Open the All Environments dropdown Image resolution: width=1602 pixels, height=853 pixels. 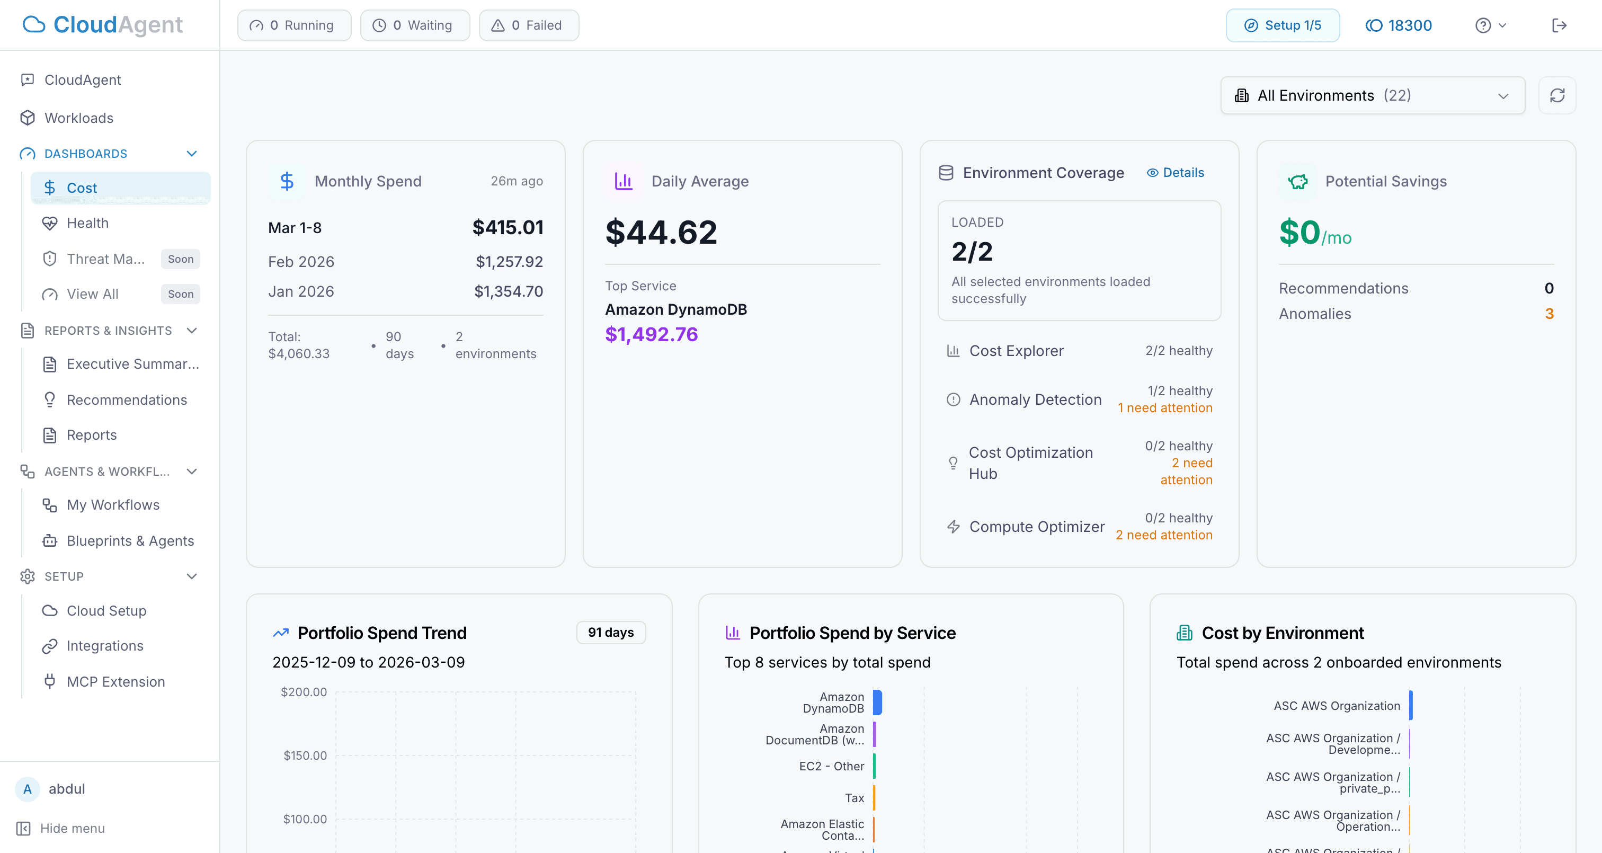[x=1372, y=96]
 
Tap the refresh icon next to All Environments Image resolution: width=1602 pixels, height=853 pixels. [x=1556, y=96]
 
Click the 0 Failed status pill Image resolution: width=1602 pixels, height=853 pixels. [x=528, y=25]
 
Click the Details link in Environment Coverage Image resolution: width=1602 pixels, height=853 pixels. [x=1176, y=173]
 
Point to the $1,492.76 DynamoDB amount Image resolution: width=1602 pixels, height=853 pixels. [x=651, y=335]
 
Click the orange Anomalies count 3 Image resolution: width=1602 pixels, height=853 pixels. [x=1548, y=314]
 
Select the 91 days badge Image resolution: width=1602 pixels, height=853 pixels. [x=611, y=633]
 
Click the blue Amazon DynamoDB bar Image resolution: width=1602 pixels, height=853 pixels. [x=877, y=703]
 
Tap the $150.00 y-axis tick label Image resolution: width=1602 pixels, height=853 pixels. [x=305, y=756]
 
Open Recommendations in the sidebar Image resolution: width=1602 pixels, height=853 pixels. [x=127, y=400]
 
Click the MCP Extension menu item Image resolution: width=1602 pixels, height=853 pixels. [x=115, y=682]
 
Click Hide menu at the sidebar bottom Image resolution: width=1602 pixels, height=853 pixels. [x=72, y=829]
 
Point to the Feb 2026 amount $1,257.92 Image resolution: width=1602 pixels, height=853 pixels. [x=509, y=262]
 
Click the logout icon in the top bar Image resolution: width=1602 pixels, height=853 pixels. [x=1559, y=25]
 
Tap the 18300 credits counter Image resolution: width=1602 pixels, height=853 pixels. [x=1399, y=25]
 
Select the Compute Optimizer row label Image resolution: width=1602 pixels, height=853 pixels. [x=1037, y=527]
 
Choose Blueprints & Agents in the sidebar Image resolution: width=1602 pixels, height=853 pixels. [x=130, y=541]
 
